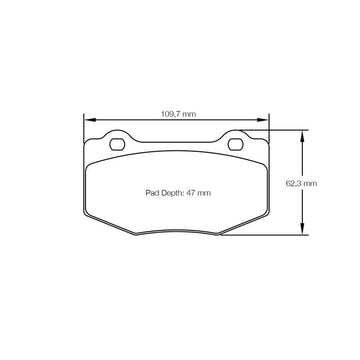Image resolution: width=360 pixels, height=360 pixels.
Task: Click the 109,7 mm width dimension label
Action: pyautogui.click(x=178, y=114)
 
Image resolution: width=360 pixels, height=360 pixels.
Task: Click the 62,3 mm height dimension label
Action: pyautogui.click(x=301, y=183)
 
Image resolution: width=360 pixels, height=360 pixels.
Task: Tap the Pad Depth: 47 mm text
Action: pyautogui.click(x=178, y=193)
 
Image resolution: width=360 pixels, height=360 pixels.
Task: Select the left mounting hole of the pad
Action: pyautogui.click(x=117, y=144)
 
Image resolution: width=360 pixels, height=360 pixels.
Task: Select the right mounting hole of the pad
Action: pyautogui.click(x=235, y=144)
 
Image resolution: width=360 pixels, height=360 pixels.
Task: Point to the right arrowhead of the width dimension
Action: pyautogui.click(x=262, y=120)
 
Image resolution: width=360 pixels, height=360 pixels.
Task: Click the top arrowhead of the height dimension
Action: pyautogui.click(x=302, y=136)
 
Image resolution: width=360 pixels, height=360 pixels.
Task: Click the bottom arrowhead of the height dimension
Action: pyautogui.click(x=302, y=228)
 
